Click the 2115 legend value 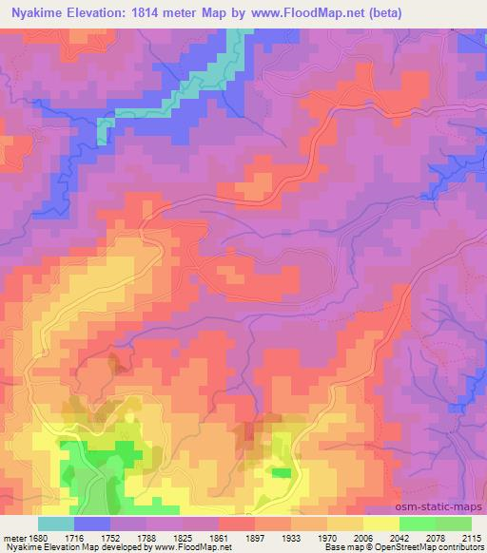(x=472, y=539)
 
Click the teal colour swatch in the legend (x=55, y=524)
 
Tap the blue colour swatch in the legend (x=91, y=524)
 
